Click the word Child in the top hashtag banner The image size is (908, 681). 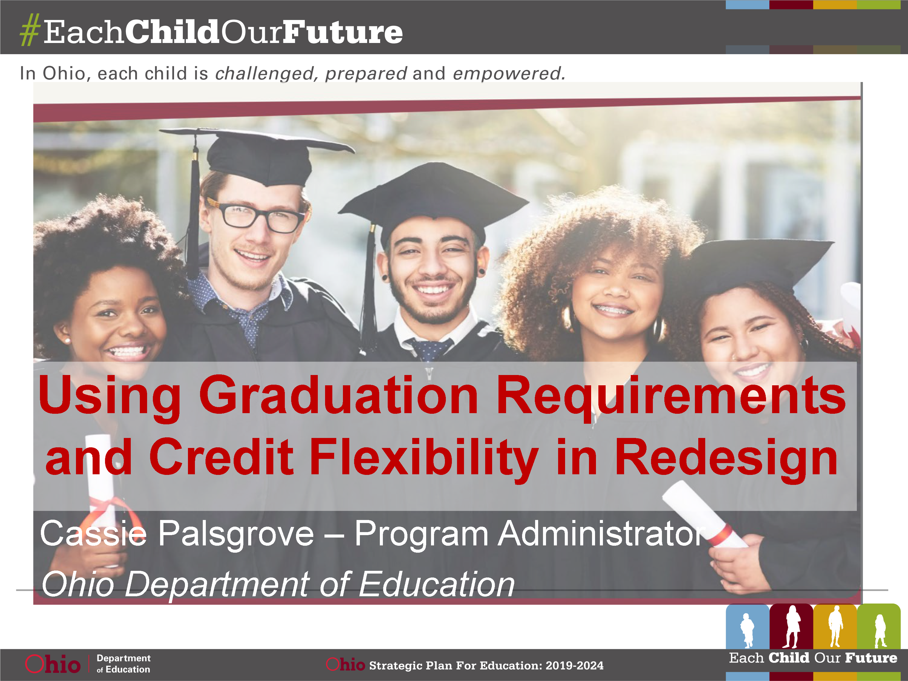tap(172, 31)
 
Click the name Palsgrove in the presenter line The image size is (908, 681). tap(236, 534)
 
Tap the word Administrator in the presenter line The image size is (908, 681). tap(602, 534)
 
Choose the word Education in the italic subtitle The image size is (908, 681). tap(436, 584)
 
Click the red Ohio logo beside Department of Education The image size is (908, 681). tap(53, 664)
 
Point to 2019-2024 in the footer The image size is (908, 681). tap(574, 665)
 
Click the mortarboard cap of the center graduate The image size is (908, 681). tap(433, 201)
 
